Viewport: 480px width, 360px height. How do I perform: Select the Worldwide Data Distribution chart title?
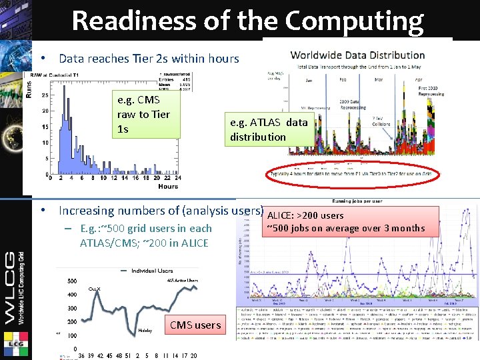(358, 55)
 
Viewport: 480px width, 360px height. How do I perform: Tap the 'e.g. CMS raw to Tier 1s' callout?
(143, 114)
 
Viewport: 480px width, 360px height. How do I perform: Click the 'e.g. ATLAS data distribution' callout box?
(269, 129)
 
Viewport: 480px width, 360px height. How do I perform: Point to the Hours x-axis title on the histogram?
(169, 187)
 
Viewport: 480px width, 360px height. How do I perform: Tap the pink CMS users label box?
(195, 325)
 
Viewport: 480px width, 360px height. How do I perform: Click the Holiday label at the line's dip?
(145, 330)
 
